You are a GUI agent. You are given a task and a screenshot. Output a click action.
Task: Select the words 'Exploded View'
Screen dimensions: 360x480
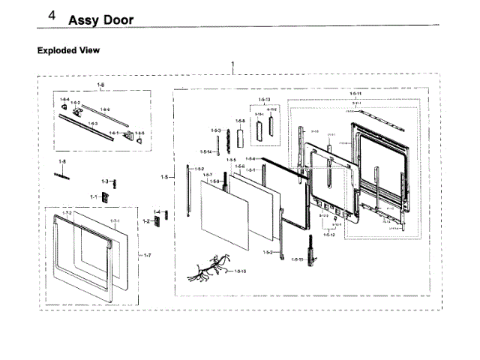click(68, 50)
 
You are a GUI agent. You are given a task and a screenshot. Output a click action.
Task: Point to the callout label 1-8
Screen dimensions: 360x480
click(62, 161)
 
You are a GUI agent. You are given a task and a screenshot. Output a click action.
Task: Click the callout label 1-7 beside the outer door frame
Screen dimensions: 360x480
click(148, 256)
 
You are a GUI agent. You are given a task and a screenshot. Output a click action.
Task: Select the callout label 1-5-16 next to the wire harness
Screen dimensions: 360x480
click(241, 271)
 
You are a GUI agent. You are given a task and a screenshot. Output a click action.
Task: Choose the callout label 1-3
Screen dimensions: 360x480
click(106, 181)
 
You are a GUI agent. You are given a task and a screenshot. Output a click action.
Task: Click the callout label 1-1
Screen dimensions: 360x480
click(94, 196)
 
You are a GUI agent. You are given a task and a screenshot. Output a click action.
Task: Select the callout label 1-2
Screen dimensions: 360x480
click(148, 221)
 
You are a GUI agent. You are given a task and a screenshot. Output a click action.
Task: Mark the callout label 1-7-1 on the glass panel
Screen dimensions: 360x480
click(115, 220)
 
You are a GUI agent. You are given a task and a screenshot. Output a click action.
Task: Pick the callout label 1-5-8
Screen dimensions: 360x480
click(240, 120)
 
